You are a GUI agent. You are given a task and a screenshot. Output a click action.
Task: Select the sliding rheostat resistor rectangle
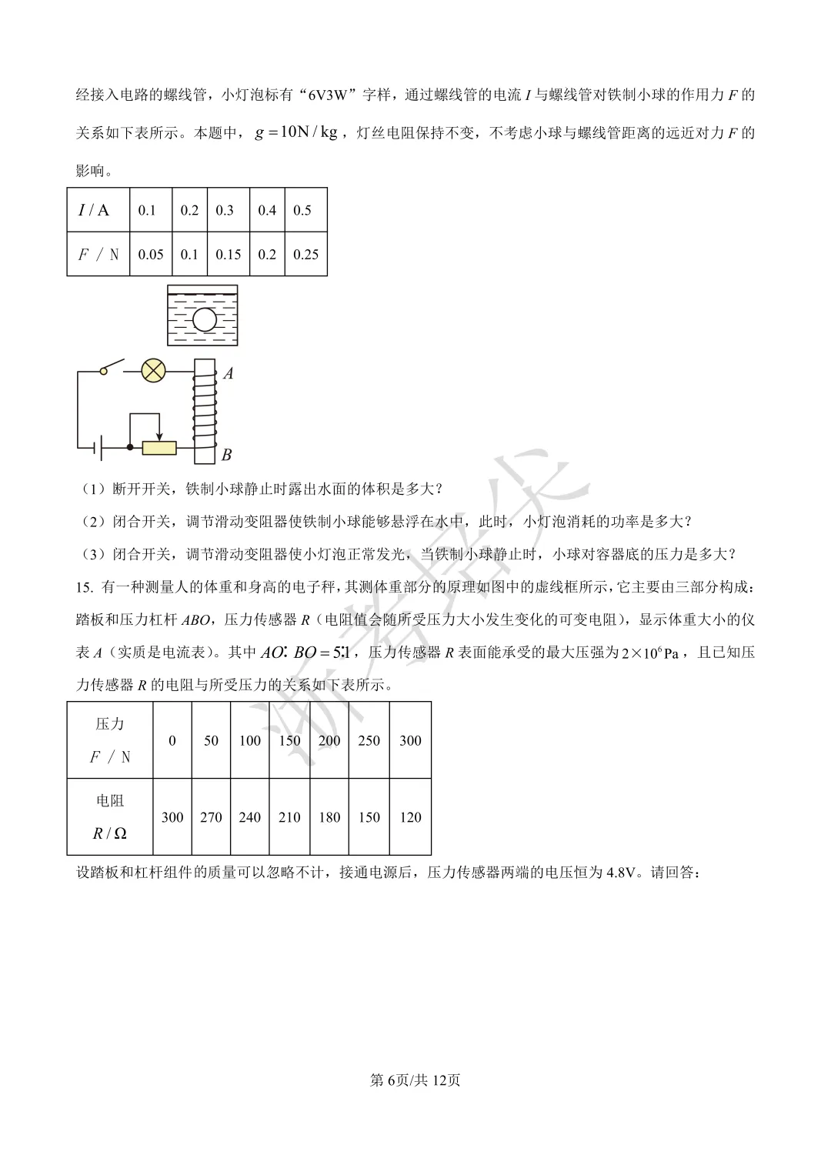click(159, 447)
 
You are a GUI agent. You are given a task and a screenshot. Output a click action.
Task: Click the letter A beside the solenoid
click(228, 374)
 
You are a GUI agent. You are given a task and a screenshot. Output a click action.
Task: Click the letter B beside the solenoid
click(226, 456)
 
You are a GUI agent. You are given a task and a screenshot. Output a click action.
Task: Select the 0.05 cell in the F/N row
click(151, 255)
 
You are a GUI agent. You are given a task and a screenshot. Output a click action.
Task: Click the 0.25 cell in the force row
click(305, 255)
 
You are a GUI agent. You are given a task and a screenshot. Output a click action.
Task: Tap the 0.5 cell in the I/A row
click(302, 210)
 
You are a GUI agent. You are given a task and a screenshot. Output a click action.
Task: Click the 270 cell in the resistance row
click(211, 817)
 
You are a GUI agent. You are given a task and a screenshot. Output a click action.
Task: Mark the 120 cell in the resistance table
click(410, 817)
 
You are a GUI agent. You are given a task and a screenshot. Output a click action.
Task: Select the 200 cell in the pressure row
click(329, 740)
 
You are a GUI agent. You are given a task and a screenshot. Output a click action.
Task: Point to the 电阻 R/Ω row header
click(110, 817)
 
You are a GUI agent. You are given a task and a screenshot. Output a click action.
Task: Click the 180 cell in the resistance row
click(329, 817)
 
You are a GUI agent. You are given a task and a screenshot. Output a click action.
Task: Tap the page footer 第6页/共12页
click(415, 1080)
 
